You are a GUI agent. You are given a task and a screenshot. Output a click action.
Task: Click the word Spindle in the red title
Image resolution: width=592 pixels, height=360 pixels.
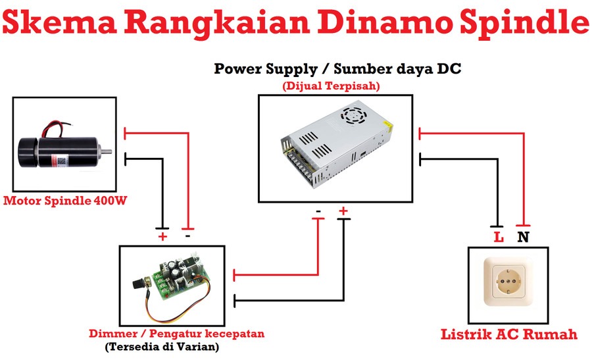pyautogui.click(x=524, y=22)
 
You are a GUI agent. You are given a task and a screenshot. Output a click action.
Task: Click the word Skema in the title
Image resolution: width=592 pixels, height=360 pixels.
pyautogui.click(x=59, y=22)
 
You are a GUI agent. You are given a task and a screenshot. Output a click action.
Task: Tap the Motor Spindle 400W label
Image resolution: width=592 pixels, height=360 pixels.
pyautogui.click(x=65, y=200)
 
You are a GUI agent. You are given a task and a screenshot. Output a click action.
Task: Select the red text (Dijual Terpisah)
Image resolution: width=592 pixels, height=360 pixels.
pyautogui.click(x=331, y=86)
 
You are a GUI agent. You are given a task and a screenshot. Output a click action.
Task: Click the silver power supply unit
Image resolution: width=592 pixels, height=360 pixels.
pyautogui.click(x=337, y=144)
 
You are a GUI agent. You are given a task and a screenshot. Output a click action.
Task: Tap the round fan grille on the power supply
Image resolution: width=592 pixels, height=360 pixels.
pyautogui.click(x=353, y=115)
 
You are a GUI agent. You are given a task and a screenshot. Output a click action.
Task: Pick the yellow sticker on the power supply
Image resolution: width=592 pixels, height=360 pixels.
pyautogui.click(x=387, y=126)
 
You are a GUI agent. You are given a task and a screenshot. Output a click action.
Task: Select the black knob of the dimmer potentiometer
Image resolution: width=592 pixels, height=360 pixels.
pyautogui.click(x=139, y=283)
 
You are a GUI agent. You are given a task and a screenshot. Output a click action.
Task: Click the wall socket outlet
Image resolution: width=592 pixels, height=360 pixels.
pyautogui.click(x=508, y=282)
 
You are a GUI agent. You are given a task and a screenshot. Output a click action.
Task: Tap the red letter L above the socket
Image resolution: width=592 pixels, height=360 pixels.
pyautogui.click(x=499, y=237)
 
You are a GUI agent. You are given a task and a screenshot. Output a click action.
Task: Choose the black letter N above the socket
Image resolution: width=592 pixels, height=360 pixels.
pyautogui.click(x=523, y=237)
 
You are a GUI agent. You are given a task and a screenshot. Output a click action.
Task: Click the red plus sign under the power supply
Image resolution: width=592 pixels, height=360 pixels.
pyautogui.click(x=343, y=211)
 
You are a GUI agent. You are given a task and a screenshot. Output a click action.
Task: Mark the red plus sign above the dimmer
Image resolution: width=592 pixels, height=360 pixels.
pyautogui.click(x=162, y=237)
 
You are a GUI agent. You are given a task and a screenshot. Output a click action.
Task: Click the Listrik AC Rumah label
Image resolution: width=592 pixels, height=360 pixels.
pyautogui.click(x=509, y=334)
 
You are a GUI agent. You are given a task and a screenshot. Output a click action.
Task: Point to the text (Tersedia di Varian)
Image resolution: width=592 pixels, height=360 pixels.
pyautogui.click(x=162, y=346)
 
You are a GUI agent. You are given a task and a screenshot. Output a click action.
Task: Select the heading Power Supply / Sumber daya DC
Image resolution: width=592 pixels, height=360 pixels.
pyautogui.click(x=337, y=69)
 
